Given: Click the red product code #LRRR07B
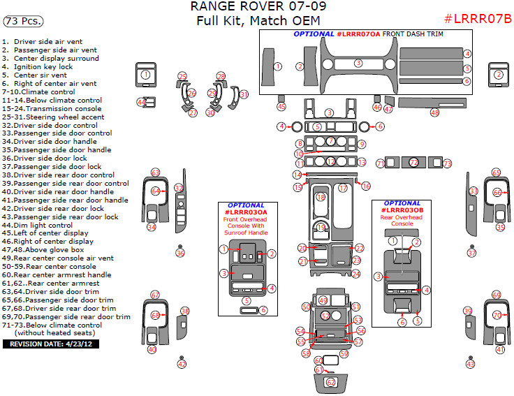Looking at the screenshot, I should [x=478, y=18].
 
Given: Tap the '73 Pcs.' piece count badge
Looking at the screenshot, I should [x=20, y=22].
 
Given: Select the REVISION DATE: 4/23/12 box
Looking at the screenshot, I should [x=50, y=344].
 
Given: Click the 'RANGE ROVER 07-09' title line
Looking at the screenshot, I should [x=257, y=7].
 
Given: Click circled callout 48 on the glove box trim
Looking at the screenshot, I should [x=434, y=112].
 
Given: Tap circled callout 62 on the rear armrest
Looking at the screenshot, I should [x=331, y=382].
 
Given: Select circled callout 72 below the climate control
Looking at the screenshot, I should [x=413, y=163].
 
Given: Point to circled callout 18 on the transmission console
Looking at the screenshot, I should [x=321, y=198].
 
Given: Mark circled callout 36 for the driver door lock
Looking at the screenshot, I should [x=180, y=253].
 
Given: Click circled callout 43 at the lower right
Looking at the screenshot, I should [x=470, y=364].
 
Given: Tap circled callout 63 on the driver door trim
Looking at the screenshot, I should [x=155, y=173].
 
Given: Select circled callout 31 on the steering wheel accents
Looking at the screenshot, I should [x=244, y=94].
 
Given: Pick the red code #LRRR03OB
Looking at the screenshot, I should [x=402, y=210].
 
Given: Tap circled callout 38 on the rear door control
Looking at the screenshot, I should [x=185, y=311].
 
